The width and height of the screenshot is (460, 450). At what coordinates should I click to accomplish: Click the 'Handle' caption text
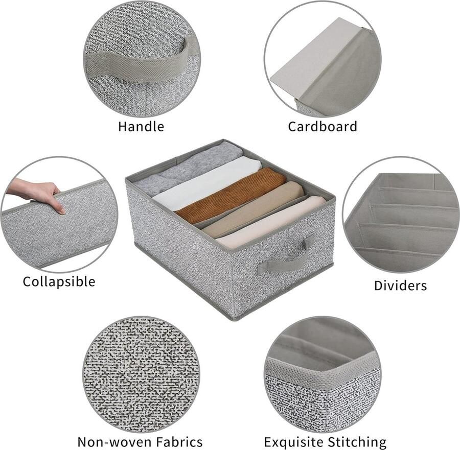(x=141, y=126)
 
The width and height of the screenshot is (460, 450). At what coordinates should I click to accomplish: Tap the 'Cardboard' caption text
(x=322, y=126)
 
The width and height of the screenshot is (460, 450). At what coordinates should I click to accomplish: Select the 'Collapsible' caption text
(x=59, y=281)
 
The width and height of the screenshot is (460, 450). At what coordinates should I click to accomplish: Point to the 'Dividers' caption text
(x=400, y=285)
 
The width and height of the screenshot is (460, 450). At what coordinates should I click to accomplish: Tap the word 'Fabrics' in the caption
(x=176, y=441)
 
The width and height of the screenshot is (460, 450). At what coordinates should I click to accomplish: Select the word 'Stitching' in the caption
(x=359, y=441)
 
